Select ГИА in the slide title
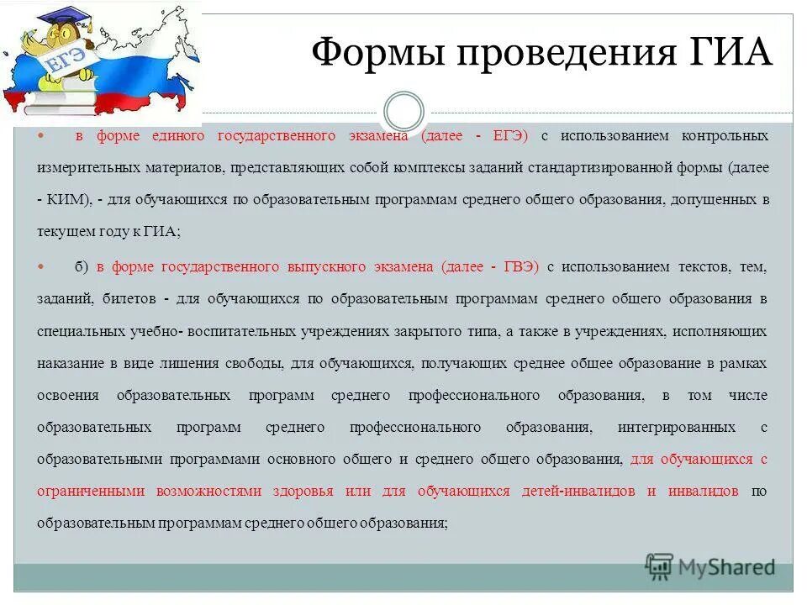731,54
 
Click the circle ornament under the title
403,112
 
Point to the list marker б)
81,267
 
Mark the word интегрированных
688,428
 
